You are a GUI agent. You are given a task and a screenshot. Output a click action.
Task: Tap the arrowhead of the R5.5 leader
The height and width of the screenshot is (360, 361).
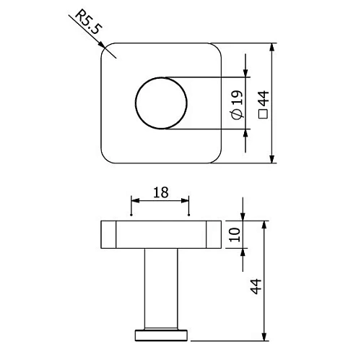[x=105, y=48]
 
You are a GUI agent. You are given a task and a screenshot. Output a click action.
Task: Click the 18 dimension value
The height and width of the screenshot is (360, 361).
[x=160, y=192]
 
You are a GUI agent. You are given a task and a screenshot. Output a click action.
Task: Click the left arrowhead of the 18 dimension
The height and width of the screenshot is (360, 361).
[x=134, y=200]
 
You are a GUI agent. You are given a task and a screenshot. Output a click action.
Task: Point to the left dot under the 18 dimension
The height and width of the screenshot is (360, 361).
[x=131, y=215]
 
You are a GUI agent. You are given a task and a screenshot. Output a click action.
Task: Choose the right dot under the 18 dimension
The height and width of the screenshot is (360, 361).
[x=188, y=215]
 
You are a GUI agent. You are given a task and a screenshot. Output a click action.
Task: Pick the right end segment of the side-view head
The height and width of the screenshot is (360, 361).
[x=213, y=236]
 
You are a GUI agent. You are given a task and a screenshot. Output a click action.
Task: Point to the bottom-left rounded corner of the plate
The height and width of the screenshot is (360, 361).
[x=105, y=157]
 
